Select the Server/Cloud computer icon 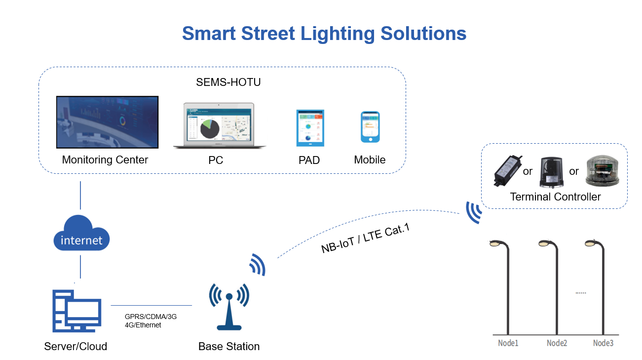pyautogui.click(x=77, y=311)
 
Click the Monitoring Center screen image pyautogui.click(x=107, y=122)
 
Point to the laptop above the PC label pyautogui.click(x=220, y=125)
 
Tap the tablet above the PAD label pyautogui.click(x=310, y=127)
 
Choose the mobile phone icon pyautogui.click(x=370, y=127)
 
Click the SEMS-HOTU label pyautogui.click(x=228, y=82)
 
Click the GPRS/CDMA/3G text pyautogui.click(x=151, y=317)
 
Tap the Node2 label pyautogui.click(x=557, y=343)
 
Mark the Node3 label pyautogui.click(x=603, y=343)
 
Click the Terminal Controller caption pyautogui.click(x=555, y=197)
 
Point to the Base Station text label pyautogui.click(x=229, y=346)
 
